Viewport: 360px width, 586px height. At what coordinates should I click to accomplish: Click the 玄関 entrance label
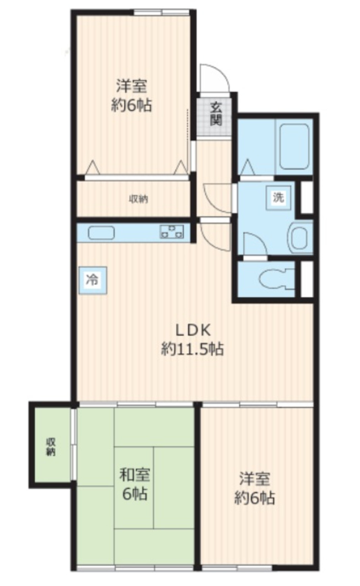[216, 114]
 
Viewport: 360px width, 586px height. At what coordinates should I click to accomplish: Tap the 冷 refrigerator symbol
[93, 280]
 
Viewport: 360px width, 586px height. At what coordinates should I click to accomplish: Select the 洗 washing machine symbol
[279, 197]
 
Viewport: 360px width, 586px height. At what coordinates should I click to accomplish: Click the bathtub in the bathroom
[294, 146]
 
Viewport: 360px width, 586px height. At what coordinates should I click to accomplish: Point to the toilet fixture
[277, 279]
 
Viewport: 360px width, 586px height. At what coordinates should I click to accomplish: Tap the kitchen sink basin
[101, 233]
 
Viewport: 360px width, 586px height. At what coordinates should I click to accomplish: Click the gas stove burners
[172, 232]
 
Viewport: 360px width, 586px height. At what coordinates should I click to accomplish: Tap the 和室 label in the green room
[135, 475]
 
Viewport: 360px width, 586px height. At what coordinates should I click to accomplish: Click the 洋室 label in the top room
[131, 86]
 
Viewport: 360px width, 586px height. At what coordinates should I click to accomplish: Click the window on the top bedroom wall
[161, 12]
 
